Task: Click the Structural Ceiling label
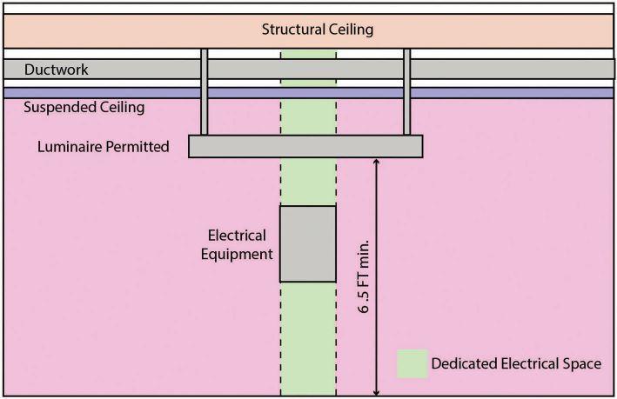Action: click(318, 30)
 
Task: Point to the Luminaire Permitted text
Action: click(103, 147)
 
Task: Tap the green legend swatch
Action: click(412, 364)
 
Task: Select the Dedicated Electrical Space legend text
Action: click(516, 364)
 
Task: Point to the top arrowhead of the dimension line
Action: click(376, 163)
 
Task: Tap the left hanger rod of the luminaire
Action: click(205, 91)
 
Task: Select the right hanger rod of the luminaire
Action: click(406, 91)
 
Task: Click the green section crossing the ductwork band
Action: click(308, 69)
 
